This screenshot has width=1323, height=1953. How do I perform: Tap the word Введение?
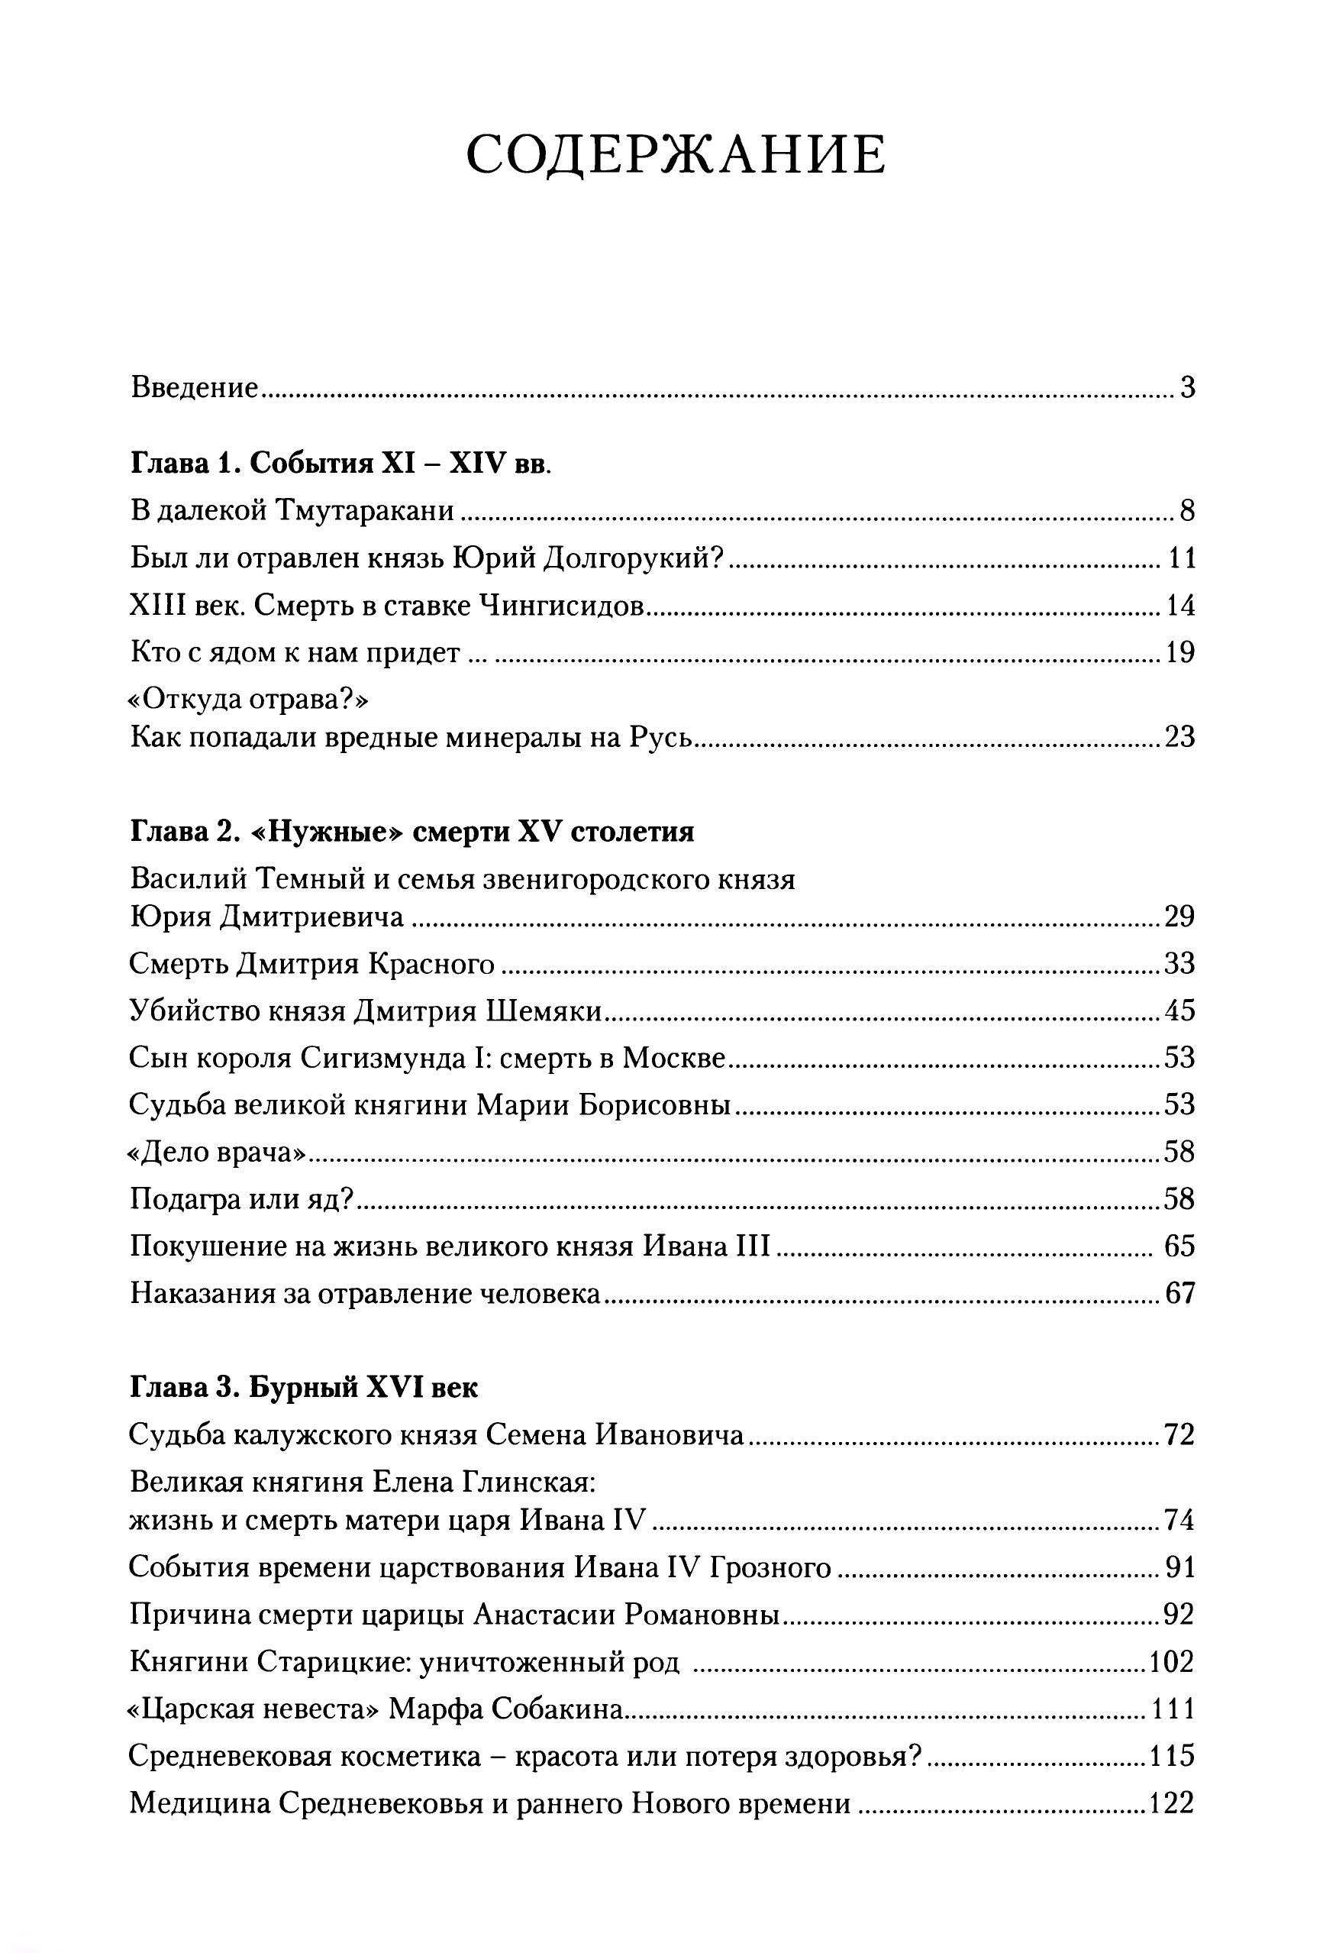[194, 388]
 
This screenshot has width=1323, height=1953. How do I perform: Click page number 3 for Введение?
[1187, 388]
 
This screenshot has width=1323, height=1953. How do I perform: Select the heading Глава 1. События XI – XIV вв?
[341, 463]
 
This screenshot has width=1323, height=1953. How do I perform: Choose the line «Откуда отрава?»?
[250, 699]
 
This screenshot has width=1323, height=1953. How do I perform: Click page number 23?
[1179, 737]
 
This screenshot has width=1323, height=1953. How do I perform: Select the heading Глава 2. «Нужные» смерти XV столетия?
[412, 831]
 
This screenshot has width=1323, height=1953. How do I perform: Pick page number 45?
[1179, 1010]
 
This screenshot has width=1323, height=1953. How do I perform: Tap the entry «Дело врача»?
[216, 1151]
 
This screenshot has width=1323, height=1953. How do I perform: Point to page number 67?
[1179, 1292]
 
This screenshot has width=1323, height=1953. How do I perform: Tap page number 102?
[1171, 1661]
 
